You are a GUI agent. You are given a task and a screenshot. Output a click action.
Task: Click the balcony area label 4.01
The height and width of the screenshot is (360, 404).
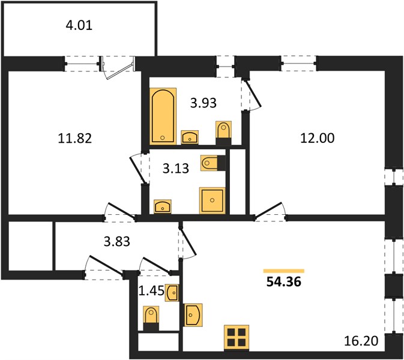(79, 25)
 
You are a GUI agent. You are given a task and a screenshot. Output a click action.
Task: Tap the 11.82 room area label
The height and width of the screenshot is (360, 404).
(74, 138)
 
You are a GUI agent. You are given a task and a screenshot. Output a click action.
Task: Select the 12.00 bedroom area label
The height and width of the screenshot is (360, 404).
(318, 138)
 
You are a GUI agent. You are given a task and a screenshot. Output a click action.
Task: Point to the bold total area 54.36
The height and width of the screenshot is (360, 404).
(284, 282)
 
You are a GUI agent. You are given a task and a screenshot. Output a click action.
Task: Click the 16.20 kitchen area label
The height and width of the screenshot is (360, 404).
(361, 341)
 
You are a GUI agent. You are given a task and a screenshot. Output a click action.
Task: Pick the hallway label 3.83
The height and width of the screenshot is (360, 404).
(116, 242)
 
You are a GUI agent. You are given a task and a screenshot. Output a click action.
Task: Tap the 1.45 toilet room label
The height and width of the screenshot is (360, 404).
(151, 291)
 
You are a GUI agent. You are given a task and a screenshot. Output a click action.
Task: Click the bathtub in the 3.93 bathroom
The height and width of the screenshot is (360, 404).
(163, 116)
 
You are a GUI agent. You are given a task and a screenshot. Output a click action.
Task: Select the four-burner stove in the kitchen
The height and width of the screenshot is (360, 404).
(237, 338)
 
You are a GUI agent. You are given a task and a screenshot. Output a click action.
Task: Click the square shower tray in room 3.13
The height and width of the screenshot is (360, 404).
(212, 200)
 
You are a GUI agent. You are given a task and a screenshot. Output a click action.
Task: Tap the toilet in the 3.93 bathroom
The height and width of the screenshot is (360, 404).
(223, 133)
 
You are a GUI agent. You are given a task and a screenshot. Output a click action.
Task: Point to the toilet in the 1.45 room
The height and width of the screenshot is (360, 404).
(151, 318)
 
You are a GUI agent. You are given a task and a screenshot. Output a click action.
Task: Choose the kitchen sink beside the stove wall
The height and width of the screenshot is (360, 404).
(193, 314)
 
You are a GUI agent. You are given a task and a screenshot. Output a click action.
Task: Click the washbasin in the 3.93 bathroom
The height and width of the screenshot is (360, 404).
(190, 137)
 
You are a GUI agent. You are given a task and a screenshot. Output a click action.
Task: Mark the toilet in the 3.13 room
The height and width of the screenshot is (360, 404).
(213, 163)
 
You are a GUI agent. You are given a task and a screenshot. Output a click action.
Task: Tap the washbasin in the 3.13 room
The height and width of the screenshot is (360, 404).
(163, 206)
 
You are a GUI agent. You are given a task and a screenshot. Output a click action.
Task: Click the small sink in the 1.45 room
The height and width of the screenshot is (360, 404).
(172, 293)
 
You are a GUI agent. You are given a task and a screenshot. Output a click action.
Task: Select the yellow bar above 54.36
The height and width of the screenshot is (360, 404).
(284, 271)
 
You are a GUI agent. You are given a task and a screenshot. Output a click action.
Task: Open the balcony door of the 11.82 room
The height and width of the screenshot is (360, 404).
(118, 68)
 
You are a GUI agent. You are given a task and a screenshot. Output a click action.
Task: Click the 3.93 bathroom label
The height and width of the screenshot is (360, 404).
(204, 103)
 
